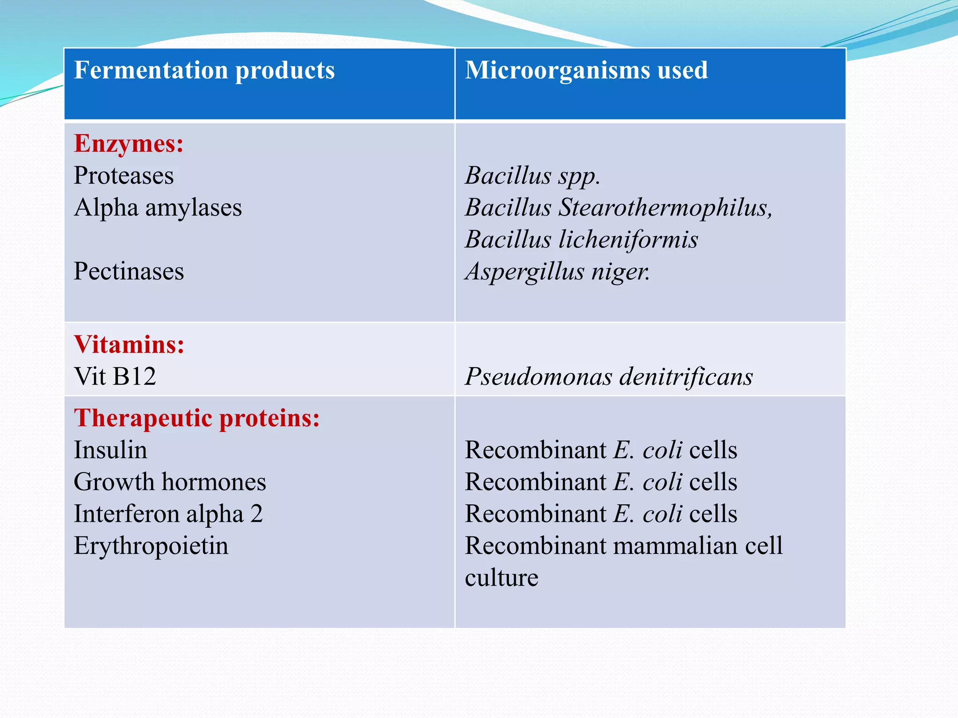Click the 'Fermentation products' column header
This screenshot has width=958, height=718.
pyautogui.click(x=204, y=71)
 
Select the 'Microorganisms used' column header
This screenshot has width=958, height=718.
pyautogui.click(x=586, y=71)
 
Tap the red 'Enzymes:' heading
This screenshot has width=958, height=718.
pyautogui.click(x=129, y=144)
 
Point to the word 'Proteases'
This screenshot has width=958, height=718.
pyautogui.click(x=124, y=176)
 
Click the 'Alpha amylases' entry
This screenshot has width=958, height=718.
pyautogui.click(x=158, y=208)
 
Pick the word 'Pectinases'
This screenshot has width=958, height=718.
pyautogui.click(x=129, y=272)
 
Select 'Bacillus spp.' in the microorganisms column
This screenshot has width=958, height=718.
pyautogui.click(x=532, y=176)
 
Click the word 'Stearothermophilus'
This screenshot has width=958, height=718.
pyautogui.click(x=666, y=208)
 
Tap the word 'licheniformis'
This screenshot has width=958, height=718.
pyautogui.click(x=628, y=240)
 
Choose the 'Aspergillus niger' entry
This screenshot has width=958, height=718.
pyautogui.click(x=558, y=272)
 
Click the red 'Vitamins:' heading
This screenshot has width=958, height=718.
pyautogui.click(x=129, y=345)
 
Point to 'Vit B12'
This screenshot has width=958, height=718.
pyautogui.click(x=115, y=377)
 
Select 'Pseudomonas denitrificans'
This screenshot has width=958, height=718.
pyautogui.click(x=609, y=377)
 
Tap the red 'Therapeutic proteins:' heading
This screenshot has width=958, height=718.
pyautogui.click(x=197, y=418)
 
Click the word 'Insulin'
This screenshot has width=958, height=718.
pyautogui.click(x=110, y=450)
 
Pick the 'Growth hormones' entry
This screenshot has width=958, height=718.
pyautogui.click(x=170, y=482)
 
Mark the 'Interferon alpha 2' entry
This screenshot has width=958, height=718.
pyautogui.click(x=168, y=514)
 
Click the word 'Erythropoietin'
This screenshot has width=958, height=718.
pyautogui.click(x=151, y=546)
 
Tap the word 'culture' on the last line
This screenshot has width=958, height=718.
pyautogui.click(x=501, y=578)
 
